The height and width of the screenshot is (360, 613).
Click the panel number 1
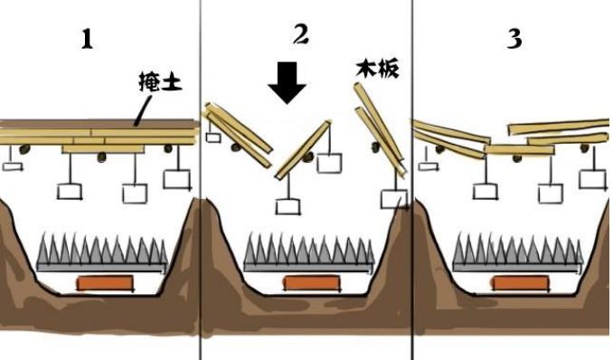(x=87, y=40)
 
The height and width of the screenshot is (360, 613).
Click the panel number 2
(x=301, y=35)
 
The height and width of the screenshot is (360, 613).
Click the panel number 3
(x=514, y=39)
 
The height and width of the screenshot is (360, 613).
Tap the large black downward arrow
(x=288, y=83)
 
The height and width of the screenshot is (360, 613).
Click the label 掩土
(x=161, y=81)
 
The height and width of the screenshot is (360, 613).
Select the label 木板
(x=378, y=69)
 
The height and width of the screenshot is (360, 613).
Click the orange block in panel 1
(x=105, y=283)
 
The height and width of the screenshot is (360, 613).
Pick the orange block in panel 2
(x=312, y=283)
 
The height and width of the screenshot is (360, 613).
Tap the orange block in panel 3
(x=521, y=283)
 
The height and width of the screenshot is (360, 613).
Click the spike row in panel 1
(x=102, y=252)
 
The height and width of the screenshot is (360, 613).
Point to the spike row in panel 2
(x=309, y=252)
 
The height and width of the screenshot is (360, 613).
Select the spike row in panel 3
(x=518, y=252)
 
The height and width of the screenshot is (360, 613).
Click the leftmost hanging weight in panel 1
(x=13, y=166)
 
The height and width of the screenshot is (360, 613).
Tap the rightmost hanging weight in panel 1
(x=177, y=180)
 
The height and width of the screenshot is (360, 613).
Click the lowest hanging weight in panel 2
(x=288, y=207)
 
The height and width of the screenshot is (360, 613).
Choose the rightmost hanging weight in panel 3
(x=593, y=180)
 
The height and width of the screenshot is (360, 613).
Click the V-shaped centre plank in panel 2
(x=303, y=150)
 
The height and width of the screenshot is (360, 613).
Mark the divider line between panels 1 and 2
(x=201, y=180)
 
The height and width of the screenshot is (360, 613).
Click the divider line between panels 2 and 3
(x=412, y=180)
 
